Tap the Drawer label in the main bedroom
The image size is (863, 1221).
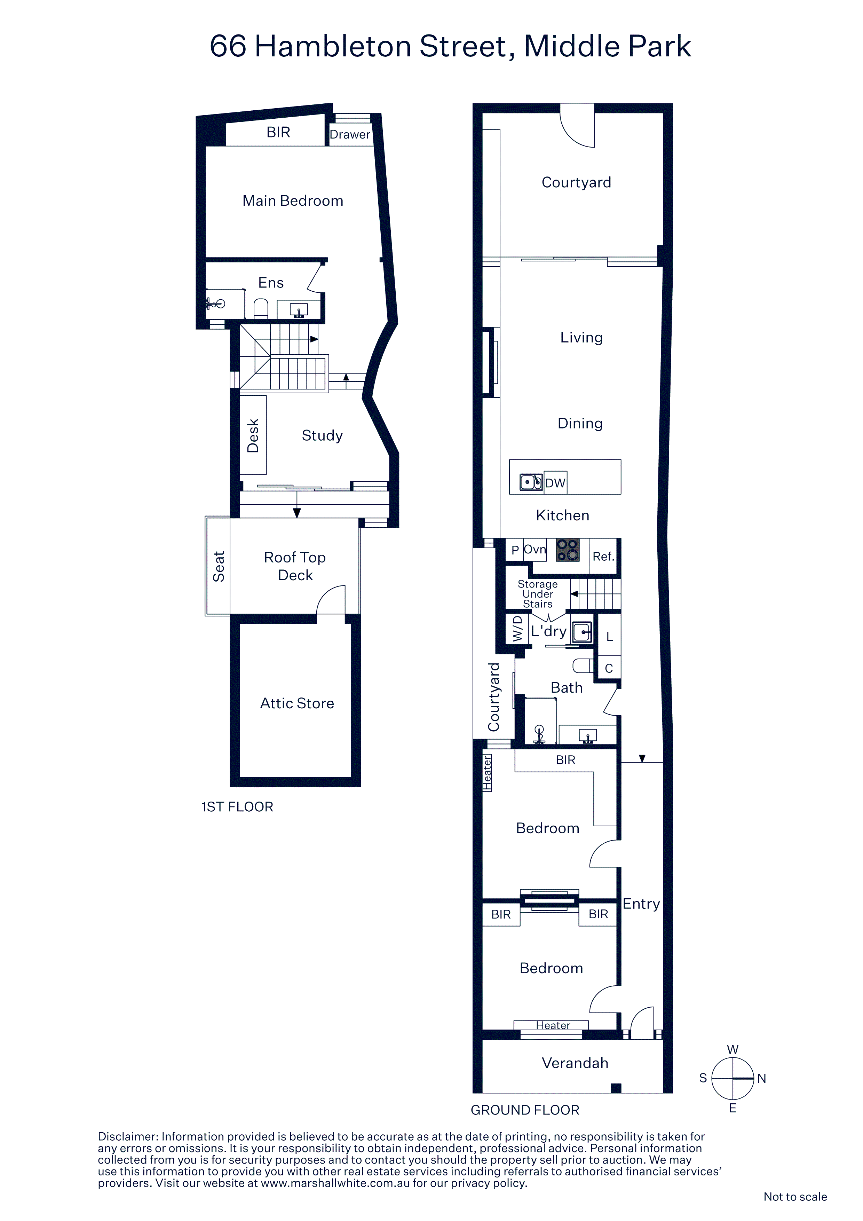[x=349, y=135]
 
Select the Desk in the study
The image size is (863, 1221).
[x=253, y=435]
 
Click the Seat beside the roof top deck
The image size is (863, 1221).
[x=218, y=566]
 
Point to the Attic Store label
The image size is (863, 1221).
[x=297, y=703]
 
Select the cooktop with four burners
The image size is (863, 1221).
[x=567, y=550]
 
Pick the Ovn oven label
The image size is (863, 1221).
[x=535, y=549]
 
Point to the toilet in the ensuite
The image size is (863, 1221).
[x=261, y=308]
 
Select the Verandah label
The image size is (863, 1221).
[x=575, y=1063]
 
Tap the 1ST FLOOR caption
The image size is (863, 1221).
[x=237, y=807]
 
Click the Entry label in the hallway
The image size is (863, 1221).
[x=641, y=904]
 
